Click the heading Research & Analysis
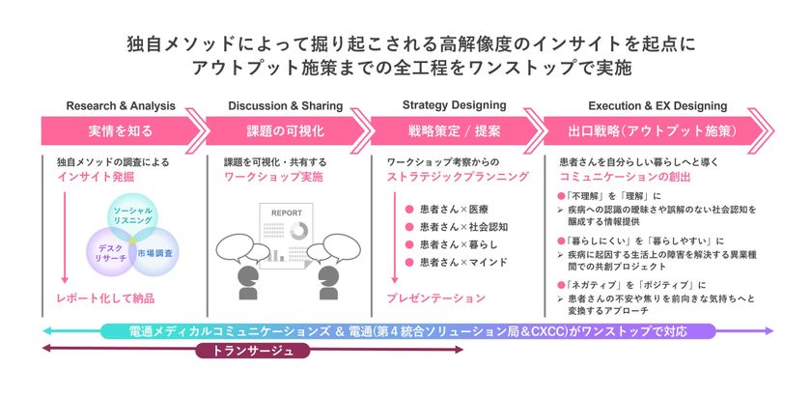click(121, 105)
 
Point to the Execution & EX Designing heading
click(654, 105)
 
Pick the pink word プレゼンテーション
click(436, 298)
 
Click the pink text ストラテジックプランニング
click(458, 178)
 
